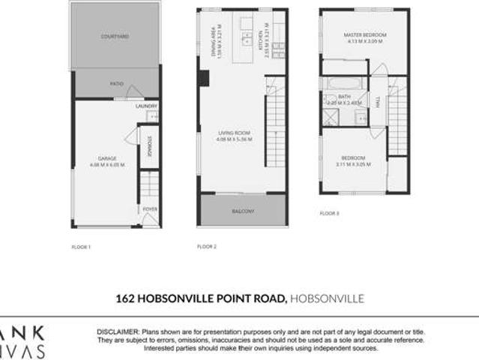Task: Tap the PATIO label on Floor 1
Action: point(117,83)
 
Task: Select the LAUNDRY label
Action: point(145,106)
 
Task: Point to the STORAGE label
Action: point(149,145)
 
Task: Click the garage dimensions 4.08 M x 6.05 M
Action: point(107,164)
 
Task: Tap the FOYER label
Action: point(149,209)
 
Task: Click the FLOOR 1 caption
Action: point(80,247)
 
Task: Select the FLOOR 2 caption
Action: point(206,246)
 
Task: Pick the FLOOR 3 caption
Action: point(329,213)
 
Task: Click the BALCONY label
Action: point(242,211)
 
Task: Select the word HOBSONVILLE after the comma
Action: point(327,298)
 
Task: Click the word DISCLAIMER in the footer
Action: point(117,331)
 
